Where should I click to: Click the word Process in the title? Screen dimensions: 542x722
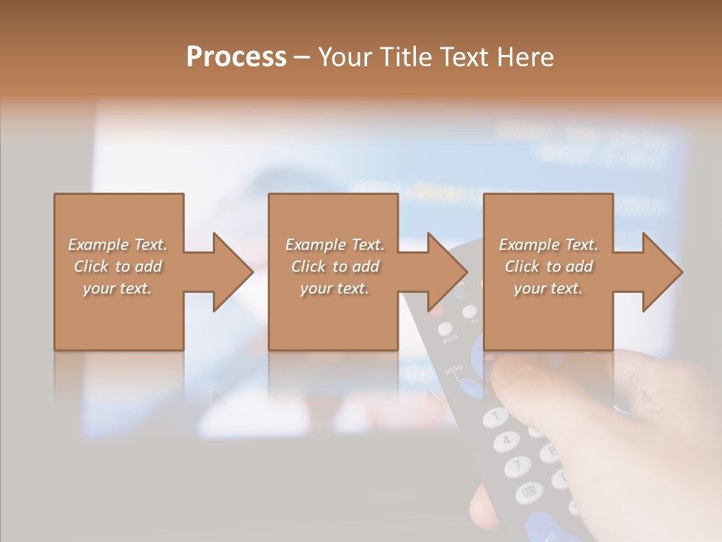[x=236, y=56]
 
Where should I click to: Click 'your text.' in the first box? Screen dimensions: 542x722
[x=117, y=288]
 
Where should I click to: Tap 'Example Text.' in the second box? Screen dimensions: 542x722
[x=335, y=245]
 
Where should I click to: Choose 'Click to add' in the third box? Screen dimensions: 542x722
[x=549, y=266]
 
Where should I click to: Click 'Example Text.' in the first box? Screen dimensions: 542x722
[x=117, y=245]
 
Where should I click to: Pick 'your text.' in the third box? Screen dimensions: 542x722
[x=549, y=288]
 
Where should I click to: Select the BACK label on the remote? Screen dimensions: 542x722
[x=450, y=339]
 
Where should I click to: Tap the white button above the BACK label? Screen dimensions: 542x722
[x=444, y=328]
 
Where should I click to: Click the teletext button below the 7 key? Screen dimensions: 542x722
[x=529, y=493]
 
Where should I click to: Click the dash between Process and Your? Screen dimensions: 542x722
[x=302, y=57]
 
